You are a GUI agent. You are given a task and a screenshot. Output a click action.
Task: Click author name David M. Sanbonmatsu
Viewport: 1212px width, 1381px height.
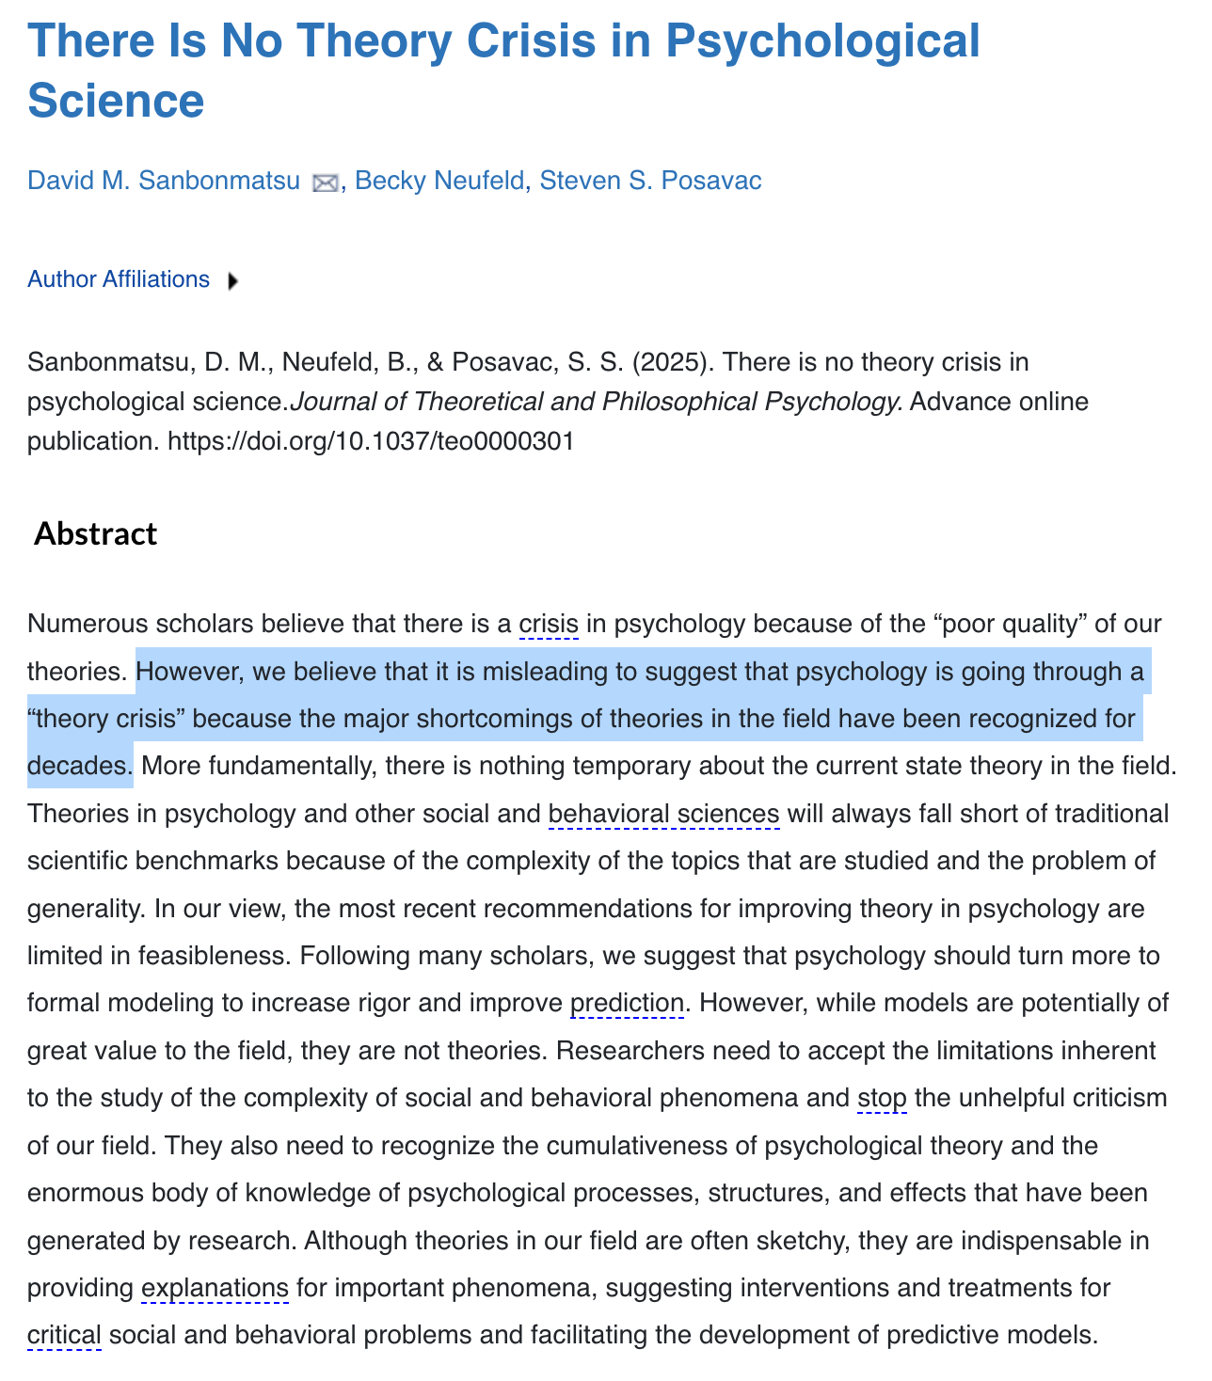point(163,181)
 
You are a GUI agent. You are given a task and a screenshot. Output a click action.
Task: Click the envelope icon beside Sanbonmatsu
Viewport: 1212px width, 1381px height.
point(325,183)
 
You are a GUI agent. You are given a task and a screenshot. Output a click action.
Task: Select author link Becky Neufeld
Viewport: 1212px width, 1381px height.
point(439,181)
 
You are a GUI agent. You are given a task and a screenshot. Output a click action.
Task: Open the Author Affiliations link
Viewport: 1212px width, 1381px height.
point(119,279)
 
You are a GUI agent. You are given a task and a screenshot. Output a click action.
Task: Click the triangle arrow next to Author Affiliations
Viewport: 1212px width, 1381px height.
point(232,280)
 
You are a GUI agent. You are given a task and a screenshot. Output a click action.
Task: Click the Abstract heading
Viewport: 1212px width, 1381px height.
point(95,533)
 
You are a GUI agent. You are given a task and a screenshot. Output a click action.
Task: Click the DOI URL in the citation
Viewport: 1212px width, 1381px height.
point(371,440)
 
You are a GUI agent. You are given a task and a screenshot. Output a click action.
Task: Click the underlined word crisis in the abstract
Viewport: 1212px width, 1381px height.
point(549,624)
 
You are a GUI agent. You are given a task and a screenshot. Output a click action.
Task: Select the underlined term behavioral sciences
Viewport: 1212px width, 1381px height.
point(663,813)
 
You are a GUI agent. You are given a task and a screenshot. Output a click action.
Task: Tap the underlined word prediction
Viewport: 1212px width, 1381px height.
point(627,1003)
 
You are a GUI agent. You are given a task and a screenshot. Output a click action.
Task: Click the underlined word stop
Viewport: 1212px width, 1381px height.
point(882,1098)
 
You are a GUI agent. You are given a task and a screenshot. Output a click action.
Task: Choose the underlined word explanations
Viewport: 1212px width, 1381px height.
point(215,1287)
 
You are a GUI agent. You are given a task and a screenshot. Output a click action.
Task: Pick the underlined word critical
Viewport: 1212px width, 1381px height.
point(64,1335)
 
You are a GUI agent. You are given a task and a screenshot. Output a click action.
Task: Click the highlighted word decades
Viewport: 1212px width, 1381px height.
point(78,766)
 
